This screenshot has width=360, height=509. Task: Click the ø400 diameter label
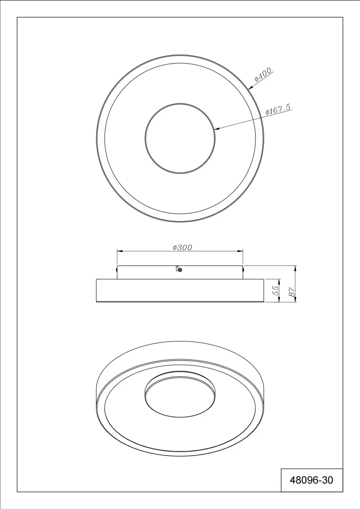[263, 75]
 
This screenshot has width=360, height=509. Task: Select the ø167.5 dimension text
[278, 109]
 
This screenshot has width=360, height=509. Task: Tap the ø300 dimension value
[182, 248]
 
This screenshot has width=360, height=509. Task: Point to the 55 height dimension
[275, 290]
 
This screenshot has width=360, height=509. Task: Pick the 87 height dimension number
[292, 291]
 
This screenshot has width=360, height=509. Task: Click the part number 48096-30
[311, 480]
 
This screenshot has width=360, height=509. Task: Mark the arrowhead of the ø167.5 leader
[217, 130]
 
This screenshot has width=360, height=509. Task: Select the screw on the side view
[180, 269]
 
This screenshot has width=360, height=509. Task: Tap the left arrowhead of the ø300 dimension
[119, 251]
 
